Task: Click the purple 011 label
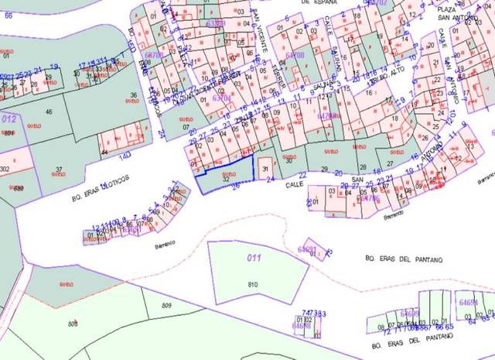251,258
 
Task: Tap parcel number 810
252,286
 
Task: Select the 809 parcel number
166,307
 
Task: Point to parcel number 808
73,323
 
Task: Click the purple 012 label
9,119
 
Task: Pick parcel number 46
49,113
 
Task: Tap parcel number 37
59,170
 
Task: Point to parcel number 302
5,169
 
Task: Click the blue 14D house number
125,156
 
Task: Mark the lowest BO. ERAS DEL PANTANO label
408,341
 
